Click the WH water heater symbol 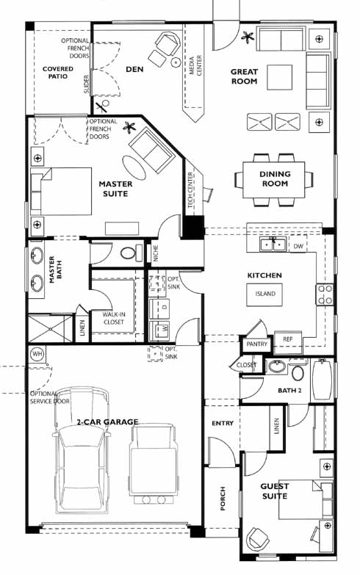click(x=37, y=354)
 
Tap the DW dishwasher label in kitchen click(x=298, y=246)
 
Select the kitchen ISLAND click(x=265, y=294)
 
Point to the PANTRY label click(x=257, y=344)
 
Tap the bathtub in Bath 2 click(x=323, y=380)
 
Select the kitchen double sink click(x=273, y=244)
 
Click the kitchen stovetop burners click(x=325, y=294)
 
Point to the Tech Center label click(x=190, y=190)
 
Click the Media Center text click(x=195, y=65)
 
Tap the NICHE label click(x=156, y=253)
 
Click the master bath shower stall click(x=51, y=328)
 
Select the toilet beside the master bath click(x=131, y=253)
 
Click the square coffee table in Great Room click(x=280, y=77)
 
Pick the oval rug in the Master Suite click(x=134, y=168)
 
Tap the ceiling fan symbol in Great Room click(x=248, y=37)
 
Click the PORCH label click(x=223, y=499)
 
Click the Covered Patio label click(x=58, y=73)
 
